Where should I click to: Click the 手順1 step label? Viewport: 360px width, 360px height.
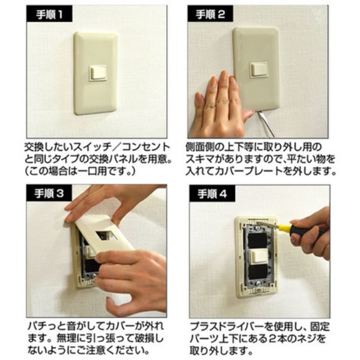(x=49, y=14)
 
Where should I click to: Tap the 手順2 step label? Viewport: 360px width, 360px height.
(x=211, y=14)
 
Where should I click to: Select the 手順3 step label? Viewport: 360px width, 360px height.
(x=49, y=193)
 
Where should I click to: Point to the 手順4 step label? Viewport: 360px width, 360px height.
(x=212, y=194)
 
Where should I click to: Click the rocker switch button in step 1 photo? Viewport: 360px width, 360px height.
(x=98, y=73)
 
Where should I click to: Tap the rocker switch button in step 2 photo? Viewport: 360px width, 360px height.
(x=259, y=70)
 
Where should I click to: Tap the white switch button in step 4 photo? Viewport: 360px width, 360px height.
(x=259, y=257)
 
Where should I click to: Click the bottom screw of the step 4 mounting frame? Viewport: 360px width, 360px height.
(x=259, y=283)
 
